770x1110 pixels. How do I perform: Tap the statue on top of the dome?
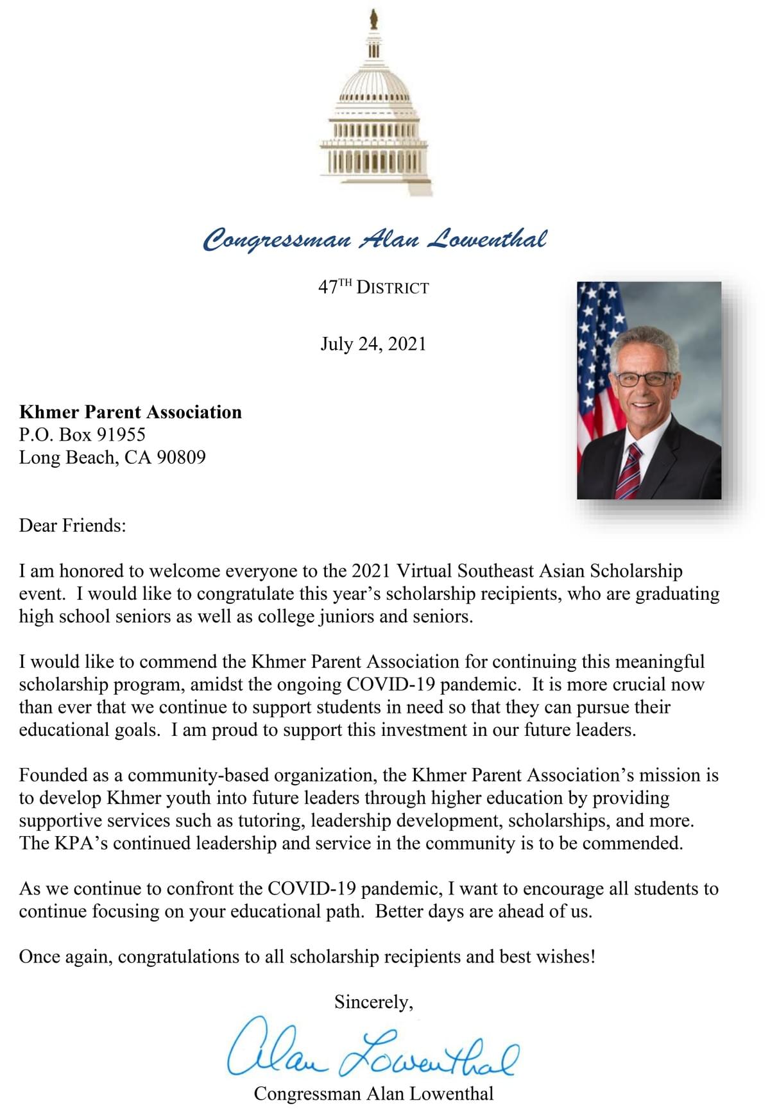coord(373,19)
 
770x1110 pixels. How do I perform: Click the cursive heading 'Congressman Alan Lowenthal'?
coord(375,239)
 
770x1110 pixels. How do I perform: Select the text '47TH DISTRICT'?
coord(373,287)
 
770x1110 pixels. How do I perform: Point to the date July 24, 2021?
coord(373,344)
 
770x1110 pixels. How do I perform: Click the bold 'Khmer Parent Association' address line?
coord(130,412)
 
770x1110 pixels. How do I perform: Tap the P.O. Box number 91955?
coord(121,434)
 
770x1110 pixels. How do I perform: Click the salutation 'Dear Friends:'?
coord(73,525)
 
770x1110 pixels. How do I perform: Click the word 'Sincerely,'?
coord(373,1002)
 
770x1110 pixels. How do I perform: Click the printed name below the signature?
coord(373,1093)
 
